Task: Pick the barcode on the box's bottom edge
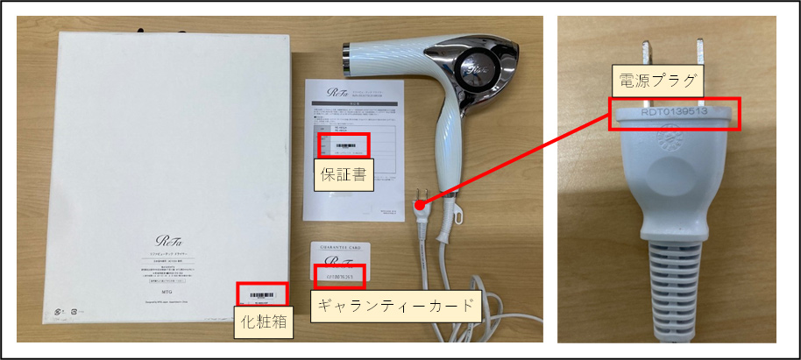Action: (x=261, y=295)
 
